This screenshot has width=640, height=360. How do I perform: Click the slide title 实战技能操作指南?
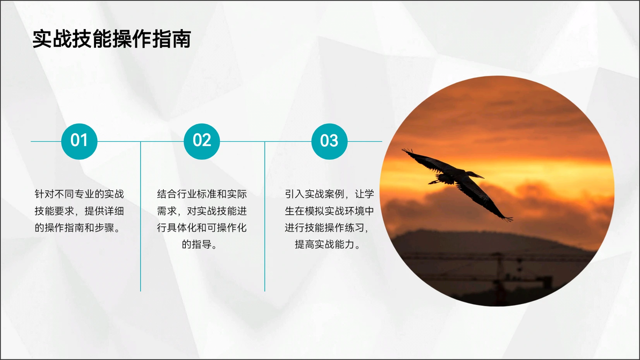pyautogui.click(x=112, y=39)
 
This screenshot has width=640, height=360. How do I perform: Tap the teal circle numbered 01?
pyautogui.click(x=79, y=141)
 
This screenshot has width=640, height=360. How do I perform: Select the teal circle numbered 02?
pyautogui.click(x=202, y=141)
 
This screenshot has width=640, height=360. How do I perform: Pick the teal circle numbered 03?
pyautogui.click(x=329, y=141)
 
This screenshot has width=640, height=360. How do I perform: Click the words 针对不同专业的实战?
pyautogui.click(x=79, y=194)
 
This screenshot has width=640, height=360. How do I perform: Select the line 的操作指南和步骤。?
pyautogui.click(x=77, y=228)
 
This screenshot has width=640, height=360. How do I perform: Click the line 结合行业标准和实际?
pyautogui.click(x=202, y=194)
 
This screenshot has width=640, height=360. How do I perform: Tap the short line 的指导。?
pyautogui.click(x=199, y=245)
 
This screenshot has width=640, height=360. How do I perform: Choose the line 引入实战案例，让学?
pyautogui.click(x=329, y=194)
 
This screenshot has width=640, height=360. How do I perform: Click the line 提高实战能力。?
pyautogui.click(x=327, y=245)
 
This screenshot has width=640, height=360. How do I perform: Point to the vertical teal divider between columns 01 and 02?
pyautogui.click(x=141, y=217)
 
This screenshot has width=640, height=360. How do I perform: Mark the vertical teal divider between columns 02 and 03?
pyautogui.click(x=265, y=217)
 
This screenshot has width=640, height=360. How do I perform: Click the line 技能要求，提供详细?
pyautogui.click(x=79, y=211)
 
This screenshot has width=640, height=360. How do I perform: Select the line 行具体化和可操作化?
pyautogui.click(x=202, y=228)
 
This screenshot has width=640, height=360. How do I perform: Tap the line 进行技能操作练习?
pyautogui.click(x=327, y=228)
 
